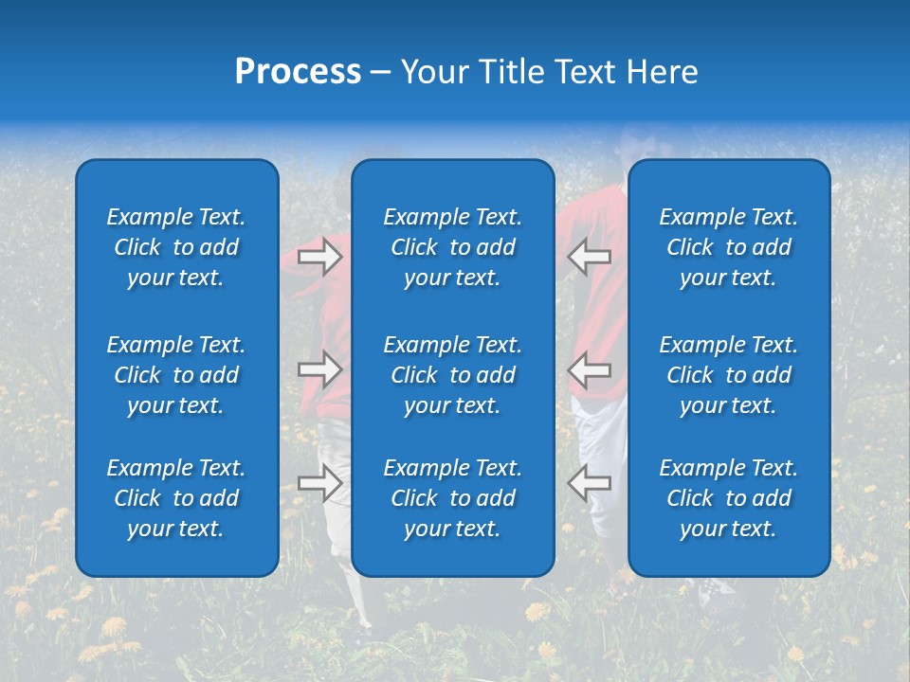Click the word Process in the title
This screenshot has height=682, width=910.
coord(298,72)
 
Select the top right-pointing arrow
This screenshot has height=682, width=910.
coord(319,257)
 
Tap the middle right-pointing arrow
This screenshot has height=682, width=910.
coord(319,369)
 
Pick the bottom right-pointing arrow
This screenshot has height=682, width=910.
coord(319,483)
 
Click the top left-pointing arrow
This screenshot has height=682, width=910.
coord(589,257)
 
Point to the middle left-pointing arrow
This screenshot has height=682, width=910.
coord(589,369)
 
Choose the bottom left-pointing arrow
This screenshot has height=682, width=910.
coord(589,483)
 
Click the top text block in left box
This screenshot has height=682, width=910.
coord(176,247)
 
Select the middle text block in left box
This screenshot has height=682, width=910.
coord(176,375)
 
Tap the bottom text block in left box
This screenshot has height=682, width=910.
coord(176,498)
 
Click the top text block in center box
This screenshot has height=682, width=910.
coord(452,247)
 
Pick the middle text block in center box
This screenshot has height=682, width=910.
coord(452,375)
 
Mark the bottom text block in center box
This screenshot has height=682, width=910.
coord(452,498)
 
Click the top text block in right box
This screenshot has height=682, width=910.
coord(728,247)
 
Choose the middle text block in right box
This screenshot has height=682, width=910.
coord(728,375)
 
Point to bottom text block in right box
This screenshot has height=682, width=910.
coord(728,498)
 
